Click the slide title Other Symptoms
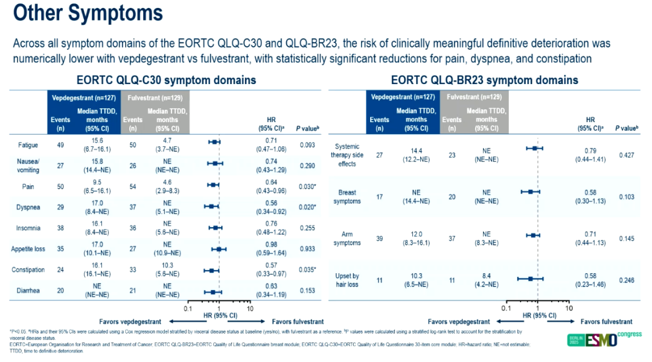[x=87, y=13]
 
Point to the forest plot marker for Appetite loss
[x=219, y=248]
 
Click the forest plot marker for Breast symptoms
[x=531, y=192]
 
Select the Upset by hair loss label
[x=347, y=280]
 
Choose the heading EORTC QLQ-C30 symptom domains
[x=166, y=80]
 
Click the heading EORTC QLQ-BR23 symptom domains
[x=484, y=80]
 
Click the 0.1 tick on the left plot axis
[x=188, y=308]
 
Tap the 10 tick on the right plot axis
[x=568, y=308]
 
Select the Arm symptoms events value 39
[x=379, y=239]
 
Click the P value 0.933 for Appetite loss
[x=308, y=248]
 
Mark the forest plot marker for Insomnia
[x=215, y=228]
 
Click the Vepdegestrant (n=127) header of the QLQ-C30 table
[x=83, y=98]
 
